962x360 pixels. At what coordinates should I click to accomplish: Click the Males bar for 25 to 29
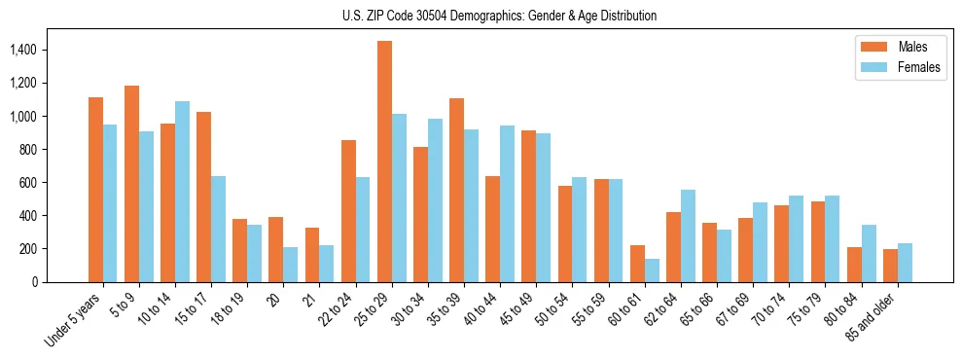click(384, 162)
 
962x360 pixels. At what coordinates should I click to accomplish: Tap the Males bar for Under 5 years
click(95, 190)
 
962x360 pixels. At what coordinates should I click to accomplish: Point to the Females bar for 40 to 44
click(507, 203)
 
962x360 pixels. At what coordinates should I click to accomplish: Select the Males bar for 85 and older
click(890, 266)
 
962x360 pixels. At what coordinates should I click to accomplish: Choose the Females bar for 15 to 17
click(218, 229)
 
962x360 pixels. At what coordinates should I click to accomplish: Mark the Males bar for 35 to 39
click(456, 190)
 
